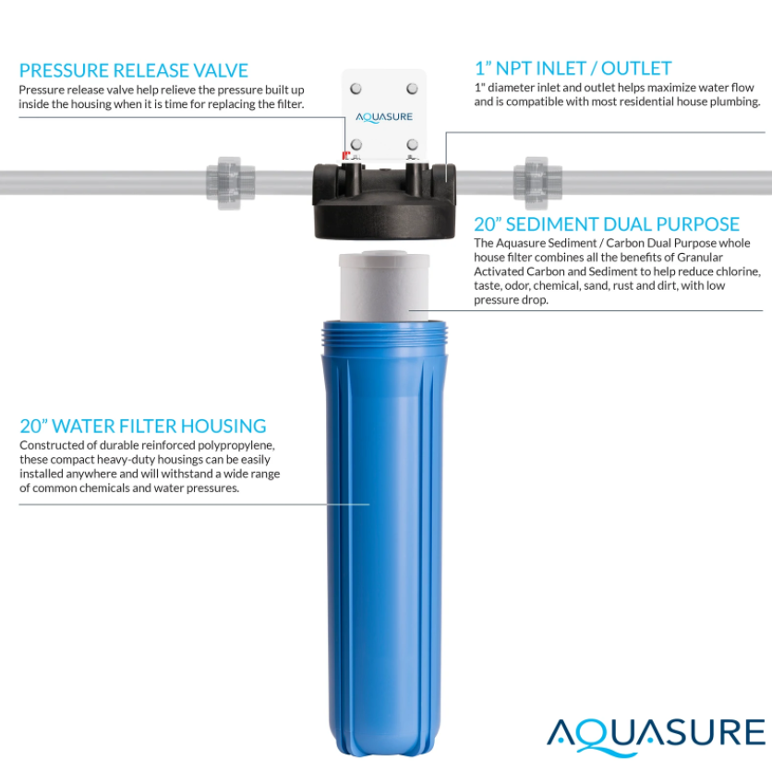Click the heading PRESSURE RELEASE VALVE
(x=134, y=70)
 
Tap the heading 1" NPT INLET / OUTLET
(x=573, y=68)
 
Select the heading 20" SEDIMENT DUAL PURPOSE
(x=607, y=224)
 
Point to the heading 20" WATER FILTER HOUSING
(x=143, y=426)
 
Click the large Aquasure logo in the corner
(x=657, y=734)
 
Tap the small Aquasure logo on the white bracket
(x=384, y=117)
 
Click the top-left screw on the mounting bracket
(x=356, y=89)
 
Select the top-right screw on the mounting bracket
(x=412, y=89)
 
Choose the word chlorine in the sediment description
(x=736, y=272)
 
